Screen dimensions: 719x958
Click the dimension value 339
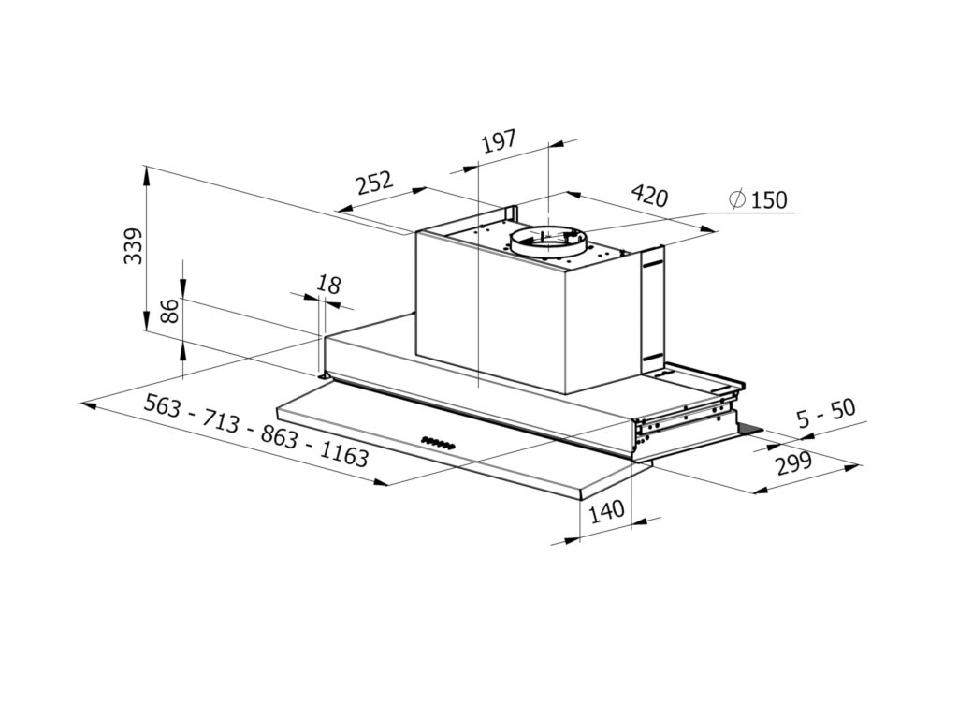pyautogui.click(x=135, y=246)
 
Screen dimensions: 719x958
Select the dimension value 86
pyautogui.click(x=170, y=310)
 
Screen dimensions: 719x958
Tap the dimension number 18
pyautogui.click(x=327, y=283)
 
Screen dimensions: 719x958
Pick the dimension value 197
pyautogui.click(x=499, y=142)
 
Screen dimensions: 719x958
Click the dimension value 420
pyautogui.click(x=649, y=196)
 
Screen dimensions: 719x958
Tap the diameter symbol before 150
pyautogui.click(x=737, y=199)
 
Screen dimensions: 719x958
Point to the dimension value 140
pyautogui.click(x=607, y=511)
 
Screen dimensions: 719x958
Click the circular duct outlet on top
pyautogui.click(x=549, y=240)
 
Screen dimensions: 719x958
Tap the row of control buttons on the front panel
pyautogui.click(x=438, y=443)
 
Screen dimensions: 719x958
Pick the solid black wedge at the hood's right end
pyautogui.click(x=748, y=430)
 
